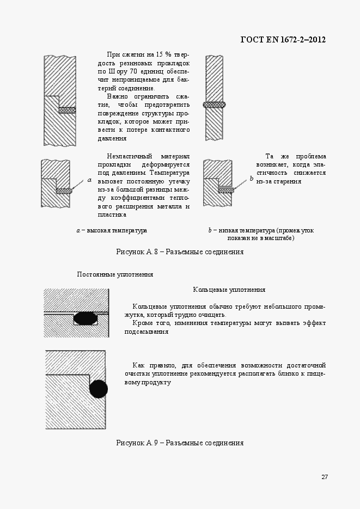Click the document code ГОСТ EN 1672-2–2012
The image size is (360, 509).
[283, 40]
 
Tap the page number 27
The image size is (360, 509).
[324, 477]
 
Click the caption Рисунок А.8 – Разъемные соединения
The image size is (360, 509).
[180, 252]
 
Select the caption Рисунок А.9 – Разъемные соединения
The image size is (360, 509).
[180, 443]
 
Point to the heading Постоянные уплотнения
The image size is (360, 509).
[115, 274]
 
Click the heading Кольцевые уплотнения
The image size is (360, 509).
[229, 290]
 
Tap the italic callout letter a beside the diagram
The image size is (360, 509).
[89, 179]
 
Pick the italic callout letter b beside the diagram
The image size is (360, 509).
[252, 178]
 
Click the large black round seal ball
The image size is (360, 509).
[99, 389]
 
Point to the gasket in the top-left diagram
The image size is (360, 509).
[67, 110]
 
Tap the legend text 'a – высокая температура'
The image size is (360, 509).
[112, 230]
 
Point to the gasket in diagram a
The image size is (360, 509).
[64, 191]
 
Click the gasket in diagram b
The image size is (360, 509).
[225, 189]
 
